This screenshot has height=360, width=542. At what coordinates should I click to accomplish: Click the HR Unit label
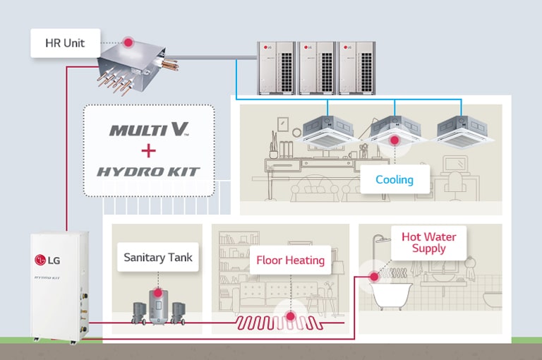pos(65,43)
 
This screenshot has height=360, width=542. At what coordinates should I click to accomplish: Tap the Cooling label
pos(394,179)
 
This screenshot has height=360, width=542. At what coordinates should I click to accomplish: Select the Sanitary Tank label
pos(158,257)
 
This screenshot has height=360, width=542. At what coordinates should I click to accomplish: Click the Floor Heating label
pos(290,260)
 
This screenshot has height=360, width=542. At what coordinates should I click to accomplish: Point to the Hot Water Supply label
pos(429,242)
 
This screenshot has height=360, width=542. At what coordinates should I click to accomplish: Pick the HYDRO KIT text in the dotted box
pos(147,172)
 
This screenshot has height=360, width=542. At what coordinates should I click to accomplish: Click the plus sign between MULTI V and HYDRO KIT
pos(147,150)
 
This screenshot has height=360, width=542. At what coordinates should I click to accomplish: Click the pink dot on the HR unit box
pos(128,43)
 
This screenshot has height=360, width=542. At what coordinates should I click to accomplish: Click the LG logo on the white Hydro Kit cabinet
pos(47,259)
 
